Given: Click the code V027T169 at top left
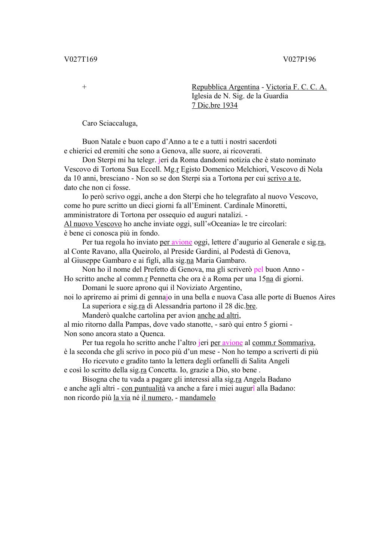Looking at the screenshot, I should click(80, 59).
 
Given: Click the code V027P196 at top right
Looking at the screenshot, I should click(299, 59).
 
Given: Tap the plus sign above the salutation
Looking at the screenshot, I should click(85, 87).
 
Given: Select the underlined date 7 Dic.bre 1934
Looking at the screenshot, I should click(214, 105).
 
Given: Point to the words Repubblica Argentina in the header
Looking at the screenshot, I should click(225, 87).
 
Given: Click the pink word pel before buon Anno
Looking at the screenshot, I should click(258, 270).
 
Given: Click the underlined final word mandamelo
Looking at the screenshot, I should click(197, 398).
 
